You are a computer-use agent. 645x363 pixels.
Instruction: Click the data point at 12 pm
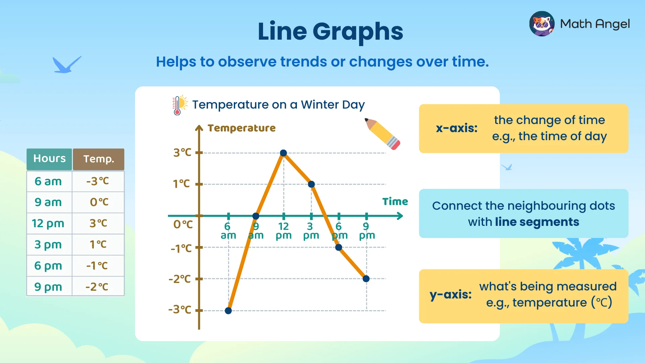pyautogui.click(x=284, y=153)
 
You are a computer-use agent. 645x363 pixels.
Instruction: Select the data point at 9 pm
pyautogui.click(x=366, y=279)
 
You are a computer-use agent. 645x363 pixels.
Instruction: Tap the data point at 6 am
pyautogui.click(x=228, y=311)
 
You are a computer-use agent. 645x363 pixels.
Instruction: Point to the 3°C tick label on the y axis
pyautogui.click(x=182, y=153)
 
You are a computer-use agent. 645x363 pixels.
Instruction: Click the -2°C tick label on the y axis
pyautogui.click(x=180, y=279)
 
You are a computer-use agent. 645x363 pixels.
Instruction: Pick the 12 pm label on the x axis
pyautogui.click(x=284, y=231)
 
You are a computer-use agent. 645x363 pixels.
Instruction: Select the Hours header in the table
pyautogui.click(x=49, y=159)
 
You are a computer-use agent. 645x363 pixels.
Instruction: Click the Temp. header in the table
pyautogui.click(x=99, y=159)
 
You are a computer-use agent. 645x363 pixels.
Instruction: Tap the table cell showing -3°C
pyautogui.click(x=98, y=182)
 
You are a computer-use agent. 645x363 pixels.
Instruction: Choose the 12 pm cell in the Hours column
pyautogui.click(x=48, y=224)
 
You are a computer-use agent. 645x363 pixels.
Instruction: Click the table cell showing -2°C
pyautogui.click(x=97, y=287)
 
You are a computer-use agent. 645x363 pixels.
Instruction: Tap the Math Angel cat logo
pyautogui.click(x=542, y=24)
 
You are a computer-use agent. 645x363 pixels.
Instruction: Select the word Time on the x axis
pyautogui.click(x=395, y=202)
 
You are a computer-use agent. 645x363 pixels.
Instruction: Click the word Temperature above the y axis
pyautogui.click(x=242, y=128)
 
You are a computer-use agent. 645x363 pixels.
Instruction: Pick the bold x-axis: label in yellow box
pyautogui.click(x=457, y=128)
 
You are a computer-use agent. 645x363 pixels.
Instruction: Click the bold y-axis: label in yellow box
pyautogui.click(x=450, y=294)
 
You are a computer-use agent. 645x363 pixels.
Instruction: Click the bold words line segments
pyautogui.click(x=537, y=222)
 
